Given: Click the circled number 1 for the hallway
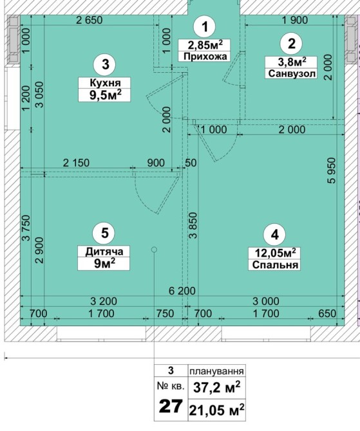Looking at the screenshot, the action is [205, 26].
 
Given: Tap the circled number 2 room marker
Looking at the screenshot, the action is [291, 44].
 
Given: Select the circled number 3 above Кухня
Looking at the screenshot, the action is [106, 64].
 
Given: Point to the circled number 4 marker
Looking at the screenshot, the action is [274, 234].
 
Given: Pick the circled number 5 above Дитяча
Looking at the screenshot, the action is [104, 233].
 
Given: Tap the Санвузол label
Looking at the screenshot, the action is [292, 74].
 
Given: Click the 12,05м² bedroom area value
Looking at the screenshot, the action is [275, 253].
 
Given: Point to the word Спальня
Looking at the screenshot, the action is [275, 264].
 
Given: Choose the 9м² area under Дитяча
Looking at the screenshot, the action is [104, 264].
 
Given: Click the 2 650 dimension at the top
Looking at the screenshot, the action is [89, 20].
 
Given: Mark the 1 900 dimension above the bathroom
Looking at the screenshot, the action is [295, 20].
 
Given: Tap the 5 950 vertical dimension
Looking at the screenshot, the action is [332, 170].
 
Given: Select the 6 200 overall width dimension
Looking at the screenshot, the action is [182, 291].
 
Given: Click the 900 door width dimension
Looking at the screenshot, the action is [156, 163].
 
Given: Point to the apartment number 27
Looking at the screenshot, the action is [171, 407].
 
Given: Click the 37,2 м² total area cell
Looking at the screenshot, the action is [216, 387].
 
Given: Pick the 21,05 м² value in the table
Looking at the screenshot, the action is [216, 410].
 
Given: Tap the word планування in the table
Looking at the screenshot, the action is [216, 371].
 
